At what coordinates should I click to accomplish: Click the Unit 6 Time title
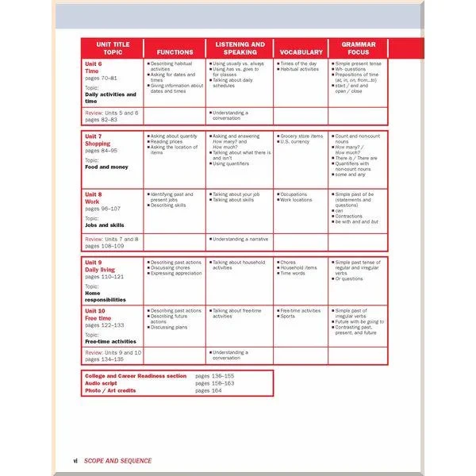coord(94,67)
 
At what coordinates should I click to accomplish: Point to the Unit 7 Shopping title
coord(98,140)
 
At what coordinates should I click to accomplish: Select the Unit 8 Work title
coord(94,198)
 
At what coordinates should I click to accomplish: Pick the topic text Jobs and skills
coord(106,225)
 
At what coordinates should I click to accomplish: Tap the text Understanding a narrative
coord(240,238)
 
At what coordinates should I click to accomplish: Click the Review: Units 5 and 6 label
coord(111,113)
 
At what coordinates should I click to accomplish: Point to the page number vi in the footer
coord(75,460)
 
